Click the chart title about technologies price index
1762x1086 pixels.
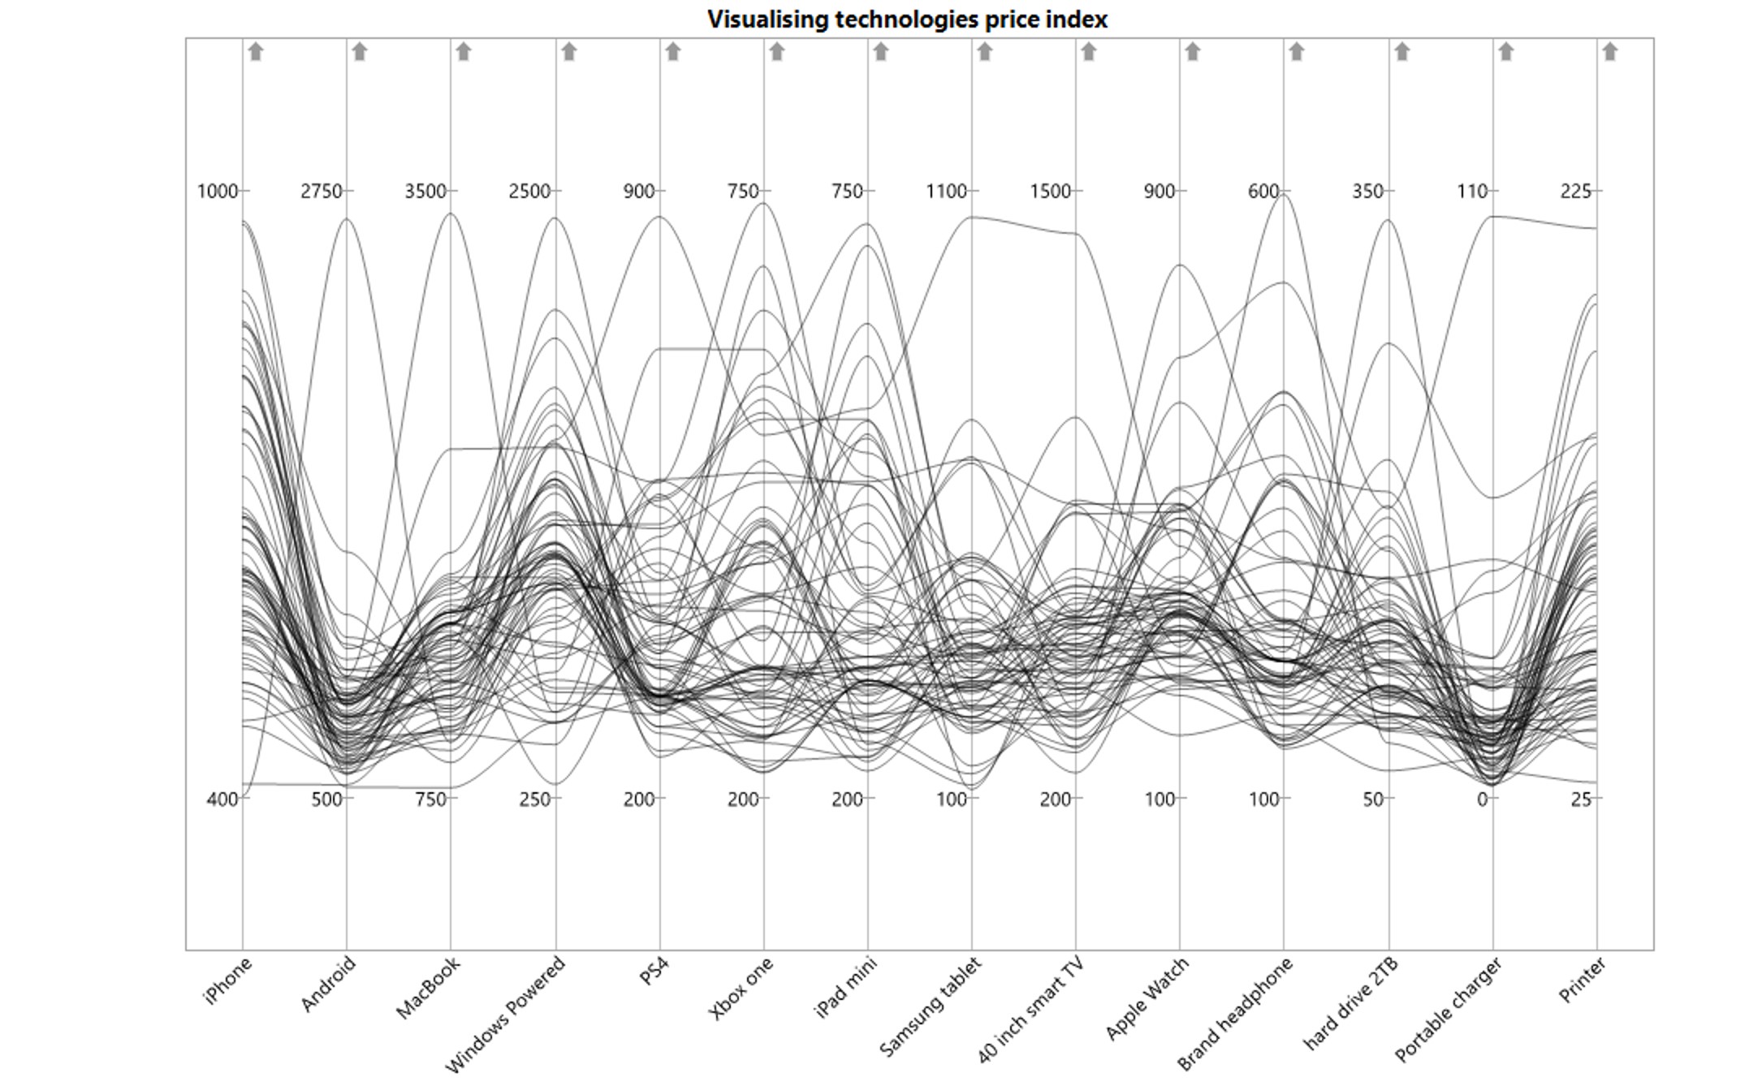(x=907, y=19)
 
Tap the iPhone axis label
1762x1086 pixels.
(x=229, y=980)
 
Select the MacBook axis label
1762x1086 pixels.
(x=429, y=987)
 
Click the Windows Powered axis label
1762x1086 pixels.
(x=505, y=1014)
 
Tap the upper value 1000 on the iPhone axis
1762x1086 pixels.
(x=218, y=192)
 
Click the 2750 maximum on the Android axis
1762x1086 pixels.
(x=322, y=192)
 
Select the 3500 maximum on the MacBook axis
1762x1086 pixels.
(x=425, y=192)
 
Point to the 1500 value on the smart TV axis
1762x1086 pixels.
(x=1051, y=192)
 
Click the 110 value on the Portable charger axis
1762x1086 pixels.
(x=1471, y=192)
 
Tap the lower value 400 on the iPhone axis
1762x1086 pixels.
(x=222, y=799)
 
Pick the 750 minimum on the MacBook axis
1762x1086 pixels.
(x=430, y=799)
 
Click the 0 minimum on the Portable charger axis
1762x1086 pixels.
(x=1483, y=799)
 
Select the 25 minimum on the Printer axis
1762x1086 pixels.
(x=1581, y=799)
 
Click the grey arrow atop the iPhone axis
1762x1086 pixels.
(x=256, y=52)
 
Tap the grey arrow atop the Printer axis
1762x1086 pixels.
(x=1610, y=52)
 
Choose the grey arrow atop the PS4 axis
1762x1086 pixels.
(x=673, y=52)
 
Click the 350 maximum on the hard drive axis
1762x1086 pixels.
(x=1367, y=192)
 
